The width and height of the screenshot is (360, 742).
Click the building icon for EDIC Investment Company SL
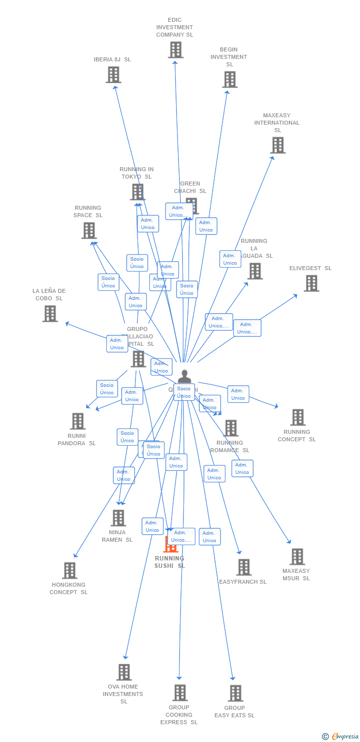[176, 50]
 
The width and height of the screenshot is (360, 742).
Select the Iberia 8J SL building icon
[113, 75]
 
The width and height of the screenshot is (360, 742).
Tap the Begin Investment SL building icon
[229, 80]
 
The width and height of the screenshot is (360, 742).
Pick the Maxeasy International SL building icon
[278, 145]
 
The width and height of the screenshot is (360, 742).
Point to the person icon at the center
[184, 376]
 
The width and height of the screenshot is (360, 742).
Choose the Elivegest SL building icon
[311, 283]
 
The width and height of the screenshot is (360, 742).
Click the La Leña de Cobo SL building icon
[49, 314]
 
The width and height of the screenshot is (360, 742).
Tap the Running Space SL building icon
[89, 231]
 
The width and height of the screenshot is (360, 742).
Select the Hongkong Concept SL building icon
[69, 570]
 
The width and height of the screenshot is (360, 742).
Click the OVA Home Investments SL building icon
[124, 672]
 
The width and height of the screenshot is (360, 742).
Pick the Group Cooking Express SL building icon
[180, 693]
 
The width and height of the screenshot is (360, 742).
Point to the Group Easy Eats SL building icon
[235, 694]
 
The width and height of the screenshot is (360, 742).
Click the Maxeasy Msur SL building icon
[297, 556]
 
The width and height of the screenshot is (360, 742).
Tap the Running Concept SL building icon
[297, 417]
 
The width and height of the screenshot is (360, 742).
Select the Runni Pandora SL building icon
[77, 421]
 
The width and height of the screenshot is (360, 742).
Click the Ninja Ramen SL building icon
[118, 518]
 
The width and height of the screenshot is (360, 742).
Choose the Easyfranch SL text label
[243, 582]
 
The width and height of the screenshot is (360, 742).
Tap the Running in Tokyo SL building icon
[137, 192]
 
